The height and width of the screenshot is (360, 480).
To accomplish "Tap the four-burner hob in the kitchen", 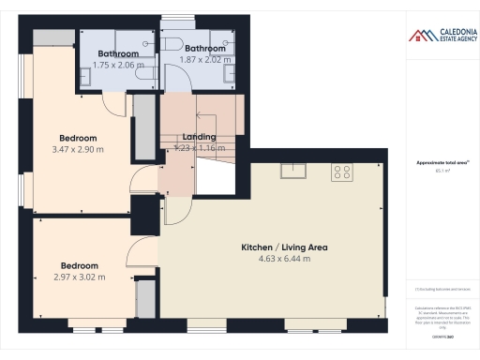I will click(x=342, y=172).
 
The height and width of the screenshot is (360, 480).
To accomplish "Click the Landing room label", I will click(x=199, y=137).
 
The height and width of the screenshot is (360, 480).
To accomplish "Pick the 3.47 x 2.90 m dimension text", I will click(x=76, y=148).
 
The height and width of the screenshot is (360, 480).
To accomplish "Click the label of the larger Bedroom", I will click(x=76, y=135).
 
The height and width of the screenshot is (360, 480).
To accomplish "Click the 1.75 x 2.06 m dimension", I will click(x=118, y=66).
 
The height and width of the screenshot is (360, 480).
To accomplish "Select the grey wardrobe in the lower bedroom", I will click(x=145, y=299).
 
